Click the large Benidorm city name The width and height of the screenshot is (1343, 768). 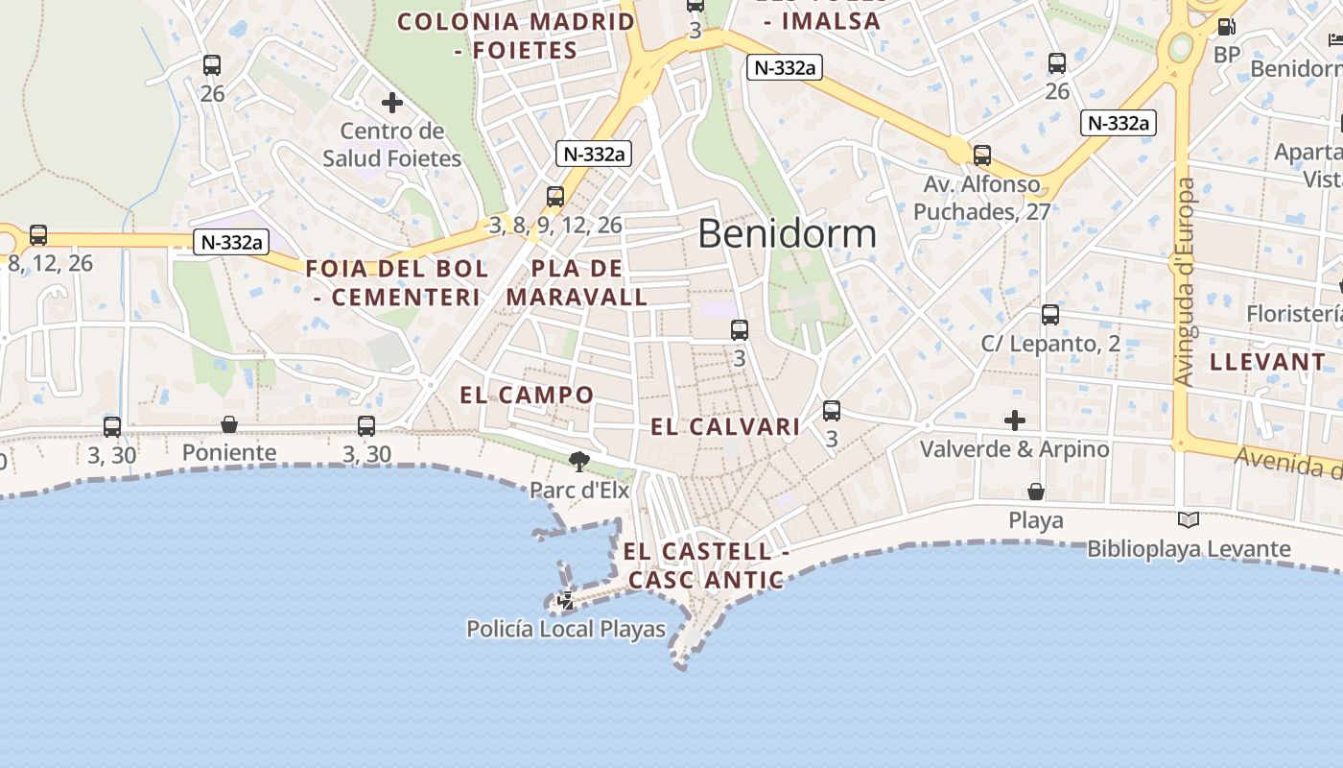[787, 233]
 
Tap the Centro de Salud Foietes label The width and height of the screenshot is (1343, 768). [391, 145]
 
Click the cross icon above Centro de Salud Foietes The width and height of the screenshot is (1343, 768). [391, 102]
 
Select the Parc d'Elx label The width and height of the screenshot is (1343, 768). [579, 490]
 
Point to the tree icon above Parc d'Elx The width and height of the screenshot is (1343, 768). [578, 462]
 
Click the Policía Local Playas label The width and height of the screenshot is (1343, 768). [566, 630]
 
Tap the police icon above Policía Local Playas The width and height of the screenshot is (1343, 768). [566, 602]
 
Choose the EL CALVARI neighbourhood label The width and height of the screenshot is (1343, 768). [725, 427]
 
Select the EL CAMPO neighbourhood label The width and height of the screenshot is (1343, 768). [527, 395]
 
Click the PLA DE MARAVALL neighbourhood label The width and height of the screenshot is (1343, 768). [577, 283]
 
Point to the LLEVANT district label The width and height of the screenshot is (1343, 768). [1267, 362]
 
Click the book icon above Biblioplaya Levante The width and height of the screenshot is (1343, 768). [1189, 519]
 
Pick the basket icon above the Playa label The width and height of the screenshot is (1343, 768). [1036, 492]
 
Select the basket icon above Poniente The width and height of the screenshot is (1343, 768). [229, 424]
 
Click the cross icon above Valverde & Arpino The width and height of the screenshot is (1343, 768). [1014, 420]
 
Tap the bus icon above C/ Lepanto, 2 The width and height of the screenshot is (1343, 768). [1050, 315]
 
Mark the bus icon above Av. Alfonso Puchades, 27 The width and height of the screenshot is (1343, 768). [981, 155]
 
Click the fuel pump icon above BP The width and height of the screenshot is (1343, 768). [1226, 27]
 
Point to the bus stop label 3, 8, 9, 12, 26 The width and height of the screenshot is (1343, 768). [555, 226]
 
